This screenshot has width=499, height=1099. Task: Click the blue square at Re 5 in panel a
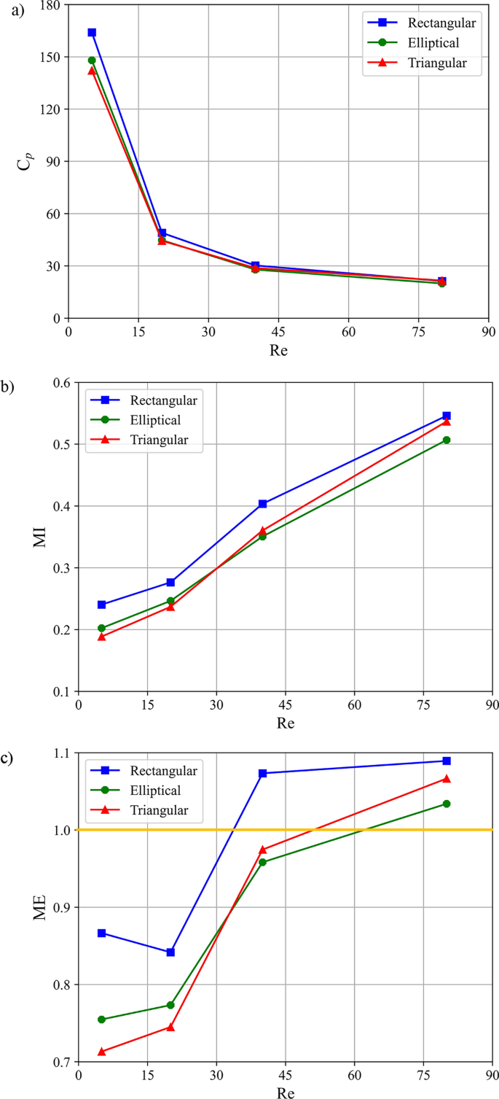click(92, 32)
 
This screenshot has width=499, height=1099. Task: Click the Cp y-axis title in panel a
click(24, 162)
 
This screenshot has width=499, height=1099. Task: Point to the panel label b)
click(8, 387)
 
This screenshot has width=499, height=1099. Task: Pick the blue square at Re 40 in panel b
click(262, 504)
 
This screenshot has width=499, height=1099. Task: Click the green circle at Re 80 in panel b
click(447, 440)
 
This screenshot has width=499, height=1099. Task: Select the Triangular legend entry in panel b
click(159, 440)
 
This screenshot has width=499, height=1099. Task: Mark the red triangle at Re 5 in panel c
click(101, 1051)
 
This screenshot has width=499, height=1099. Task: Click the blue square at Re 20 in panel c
click(170, 952)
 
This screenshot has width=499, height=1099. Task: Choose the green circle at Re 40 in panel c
click(262, 862)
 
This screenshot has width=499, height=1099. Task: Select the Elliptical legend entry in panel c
click(156, 790)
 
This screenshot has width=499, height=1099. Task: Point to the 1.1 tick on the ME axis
click(63, 753)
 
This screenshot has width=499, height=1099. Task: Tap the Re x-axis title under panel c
click(286, 1092)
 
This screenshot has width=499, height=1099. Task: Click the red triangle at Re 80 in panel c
click(447, 779)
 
